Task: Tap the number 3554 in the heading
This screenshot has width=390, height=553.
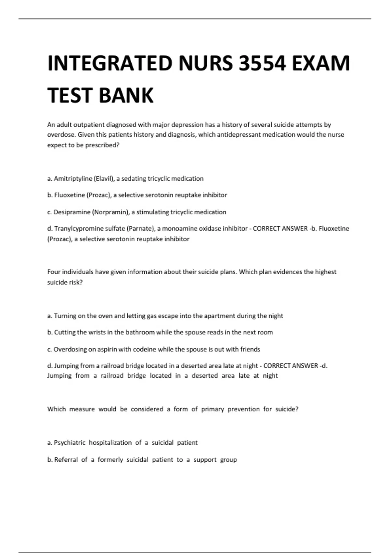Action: (262, 63)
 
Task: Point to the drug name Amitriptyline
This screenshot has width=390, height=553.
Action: (73, 179)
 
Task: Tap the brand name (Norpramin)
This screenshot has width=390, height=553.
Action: (111, 212)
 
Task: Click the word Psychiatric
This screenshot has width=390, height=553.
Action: (69, 443)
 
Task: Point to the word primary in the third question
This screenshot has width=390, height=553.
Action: (213, 409)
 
